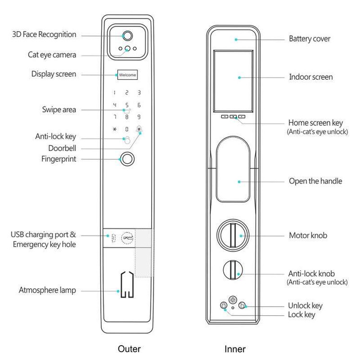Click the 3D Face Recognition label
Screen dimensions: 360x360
click(44, 35)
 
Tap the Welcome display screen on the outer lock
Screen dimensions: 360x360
click(127, 75)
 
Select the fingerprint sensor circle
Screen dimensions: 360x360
click(127, 158)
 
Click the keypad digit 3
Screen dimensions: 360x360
click(139, 92)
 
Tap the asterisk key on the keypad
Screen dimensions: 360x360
click(115, 129)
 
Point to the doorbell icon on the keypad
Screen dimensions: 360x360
click(139, 129)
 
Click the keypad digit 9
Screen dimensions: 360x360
click(139, 117)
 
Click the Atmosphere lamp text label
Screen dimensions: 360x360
click(48, 290)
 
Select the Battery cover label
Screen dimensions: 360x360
click(310, 38)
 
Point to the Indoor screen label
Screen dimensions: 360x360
click(311, 77)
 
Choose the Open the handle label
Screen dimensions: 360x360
click(315, 181)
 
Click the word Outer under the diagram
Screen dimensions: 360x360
click(129, 349)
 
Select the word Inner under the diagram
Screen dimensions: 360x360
click(235, 349)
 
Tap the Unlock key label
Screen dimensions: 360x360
click(305, 305)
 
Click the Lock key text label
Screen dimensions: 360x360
click(301, 314)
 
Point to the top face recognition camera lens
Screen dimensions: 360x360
click(127, 36)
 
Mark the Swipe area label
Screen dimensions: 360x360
click(59, 109)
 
